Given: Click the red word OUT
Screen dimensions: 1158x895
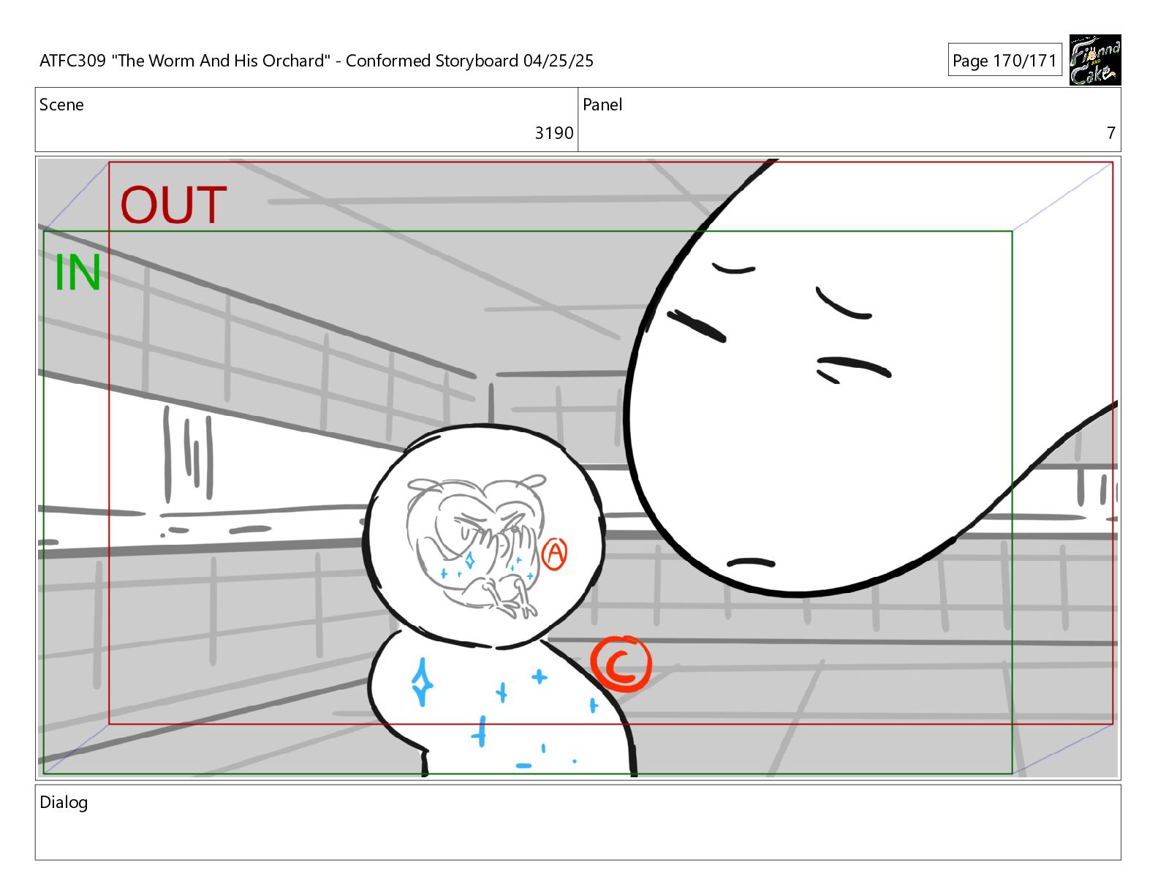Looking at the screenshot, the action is pos(174,205).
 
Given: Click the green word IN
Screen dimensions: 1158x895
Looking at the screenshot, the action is pos(77,273).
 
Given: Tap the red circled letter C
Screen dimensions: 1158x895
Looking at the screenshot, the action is pos(621,664).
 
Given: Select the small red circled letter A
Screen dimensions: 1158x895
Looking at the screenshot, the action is pos(555,554).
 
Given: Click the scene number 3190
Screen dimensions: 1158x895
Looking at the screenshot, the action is pos(553,133).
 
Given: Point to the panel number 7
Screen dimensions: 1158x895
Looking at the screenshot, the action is pos(1110,133).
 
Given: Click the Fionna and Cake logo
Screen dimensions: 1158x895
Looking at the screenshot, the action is pos(1095,60).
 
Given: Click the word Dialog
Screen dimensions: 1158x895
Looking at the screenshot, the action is pos(64,802).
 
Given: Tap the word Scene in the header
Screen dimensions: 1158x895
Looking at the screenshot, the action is pos(61,105).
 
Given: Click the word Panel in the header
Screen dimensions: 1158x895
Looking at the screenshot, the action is pos(602,105).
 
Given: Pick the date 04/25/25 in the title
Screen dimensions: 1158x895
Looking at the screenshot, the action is pos(558,61).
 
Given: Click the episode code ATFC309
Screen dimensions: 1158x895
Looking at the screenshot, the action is pos(73,61).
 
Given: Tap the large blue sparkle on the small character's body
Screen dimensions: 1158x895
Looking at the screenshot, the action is pos(422,681).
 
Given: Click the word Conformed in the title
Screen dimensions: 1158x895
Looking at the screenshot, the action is pos(388,61).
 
